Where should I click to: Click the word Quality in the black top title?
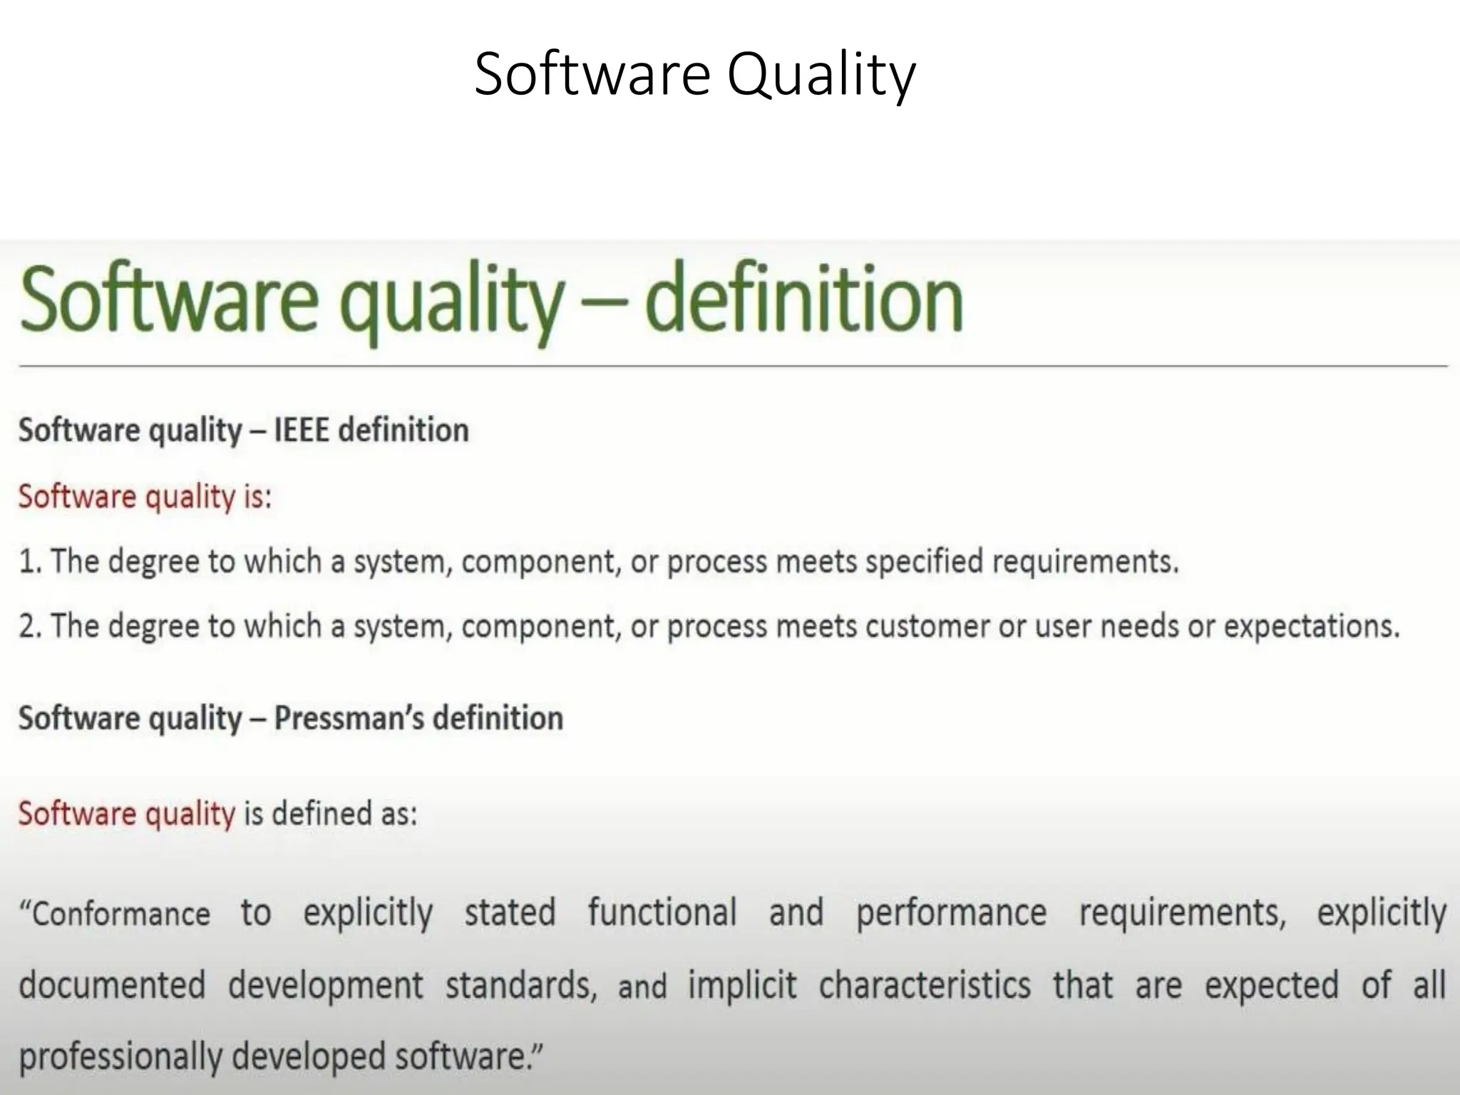(x=821, y=76)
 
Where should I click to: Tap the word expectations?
(x=1312, y=627)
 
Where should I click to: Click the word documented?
(x=112, y=985)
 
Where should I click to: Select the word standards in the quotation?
(x=521, y=986)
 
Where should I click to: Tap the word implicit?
(x=742, y=986)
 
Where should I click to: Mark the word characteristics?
(x=925, y=985)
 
